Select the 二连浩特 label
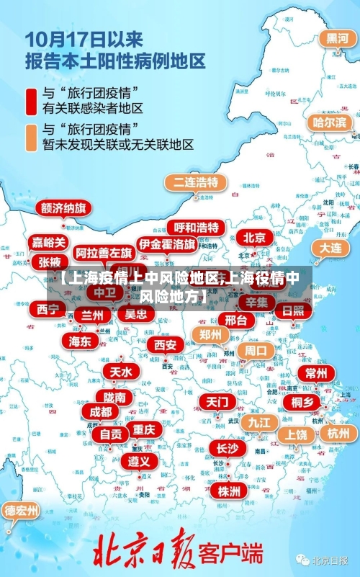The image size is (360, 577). [195, 182]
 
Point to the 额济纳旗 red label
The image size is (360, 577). [63, 207]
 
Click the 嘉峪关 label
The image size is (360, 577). [50, 242]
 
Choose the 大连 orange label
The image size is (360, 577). [330, 247]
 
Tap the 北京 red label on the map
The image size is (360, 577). [254, 237]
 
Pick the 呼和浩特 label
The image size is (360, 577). [196, 227]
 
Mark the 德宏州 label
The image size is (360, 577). [22, 511]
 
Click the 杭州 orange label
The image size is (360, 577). [337, 433]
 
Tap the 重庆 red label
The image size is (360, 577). [143, 429]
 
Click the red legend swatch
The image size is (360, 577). [32, 101]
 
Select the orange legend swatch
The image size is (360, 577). [32, 136]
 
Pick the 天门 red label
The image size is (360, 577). [216, 401]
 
